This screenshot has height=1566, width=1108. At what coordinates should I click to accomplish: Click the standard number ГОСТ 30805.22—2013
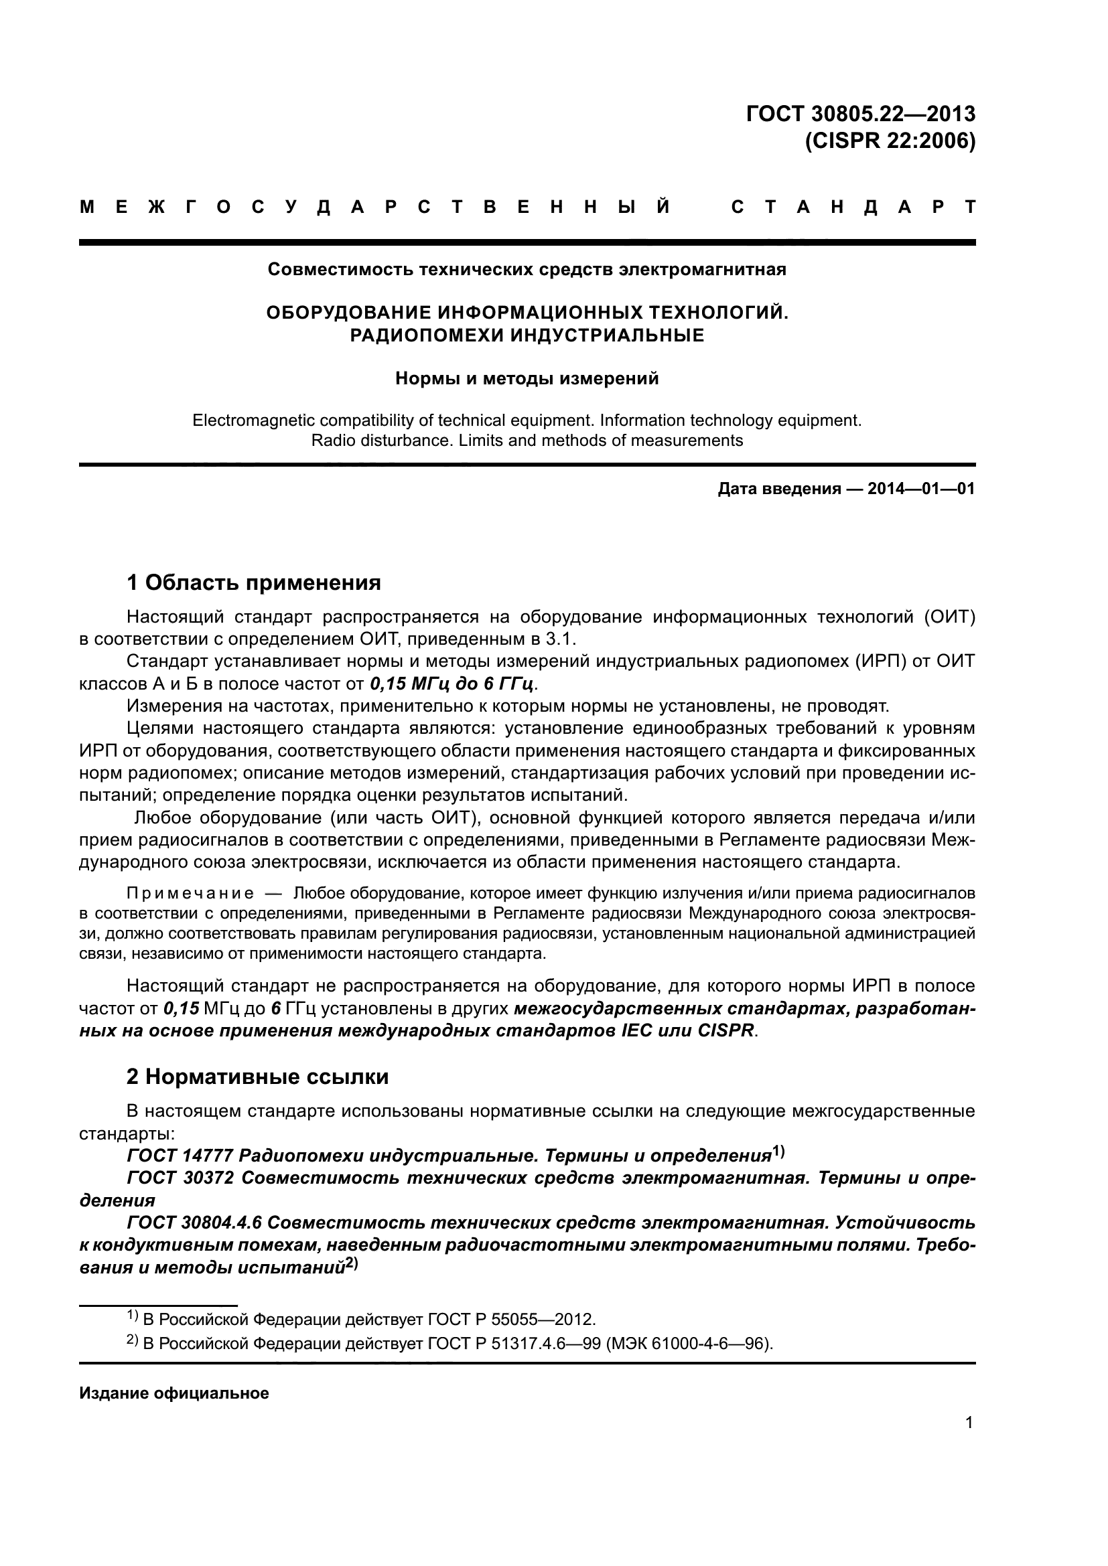click(x=861, y=113)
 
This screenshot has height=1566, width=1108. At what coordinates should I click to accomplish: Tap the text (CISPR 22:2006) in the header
click(x=890, y=141)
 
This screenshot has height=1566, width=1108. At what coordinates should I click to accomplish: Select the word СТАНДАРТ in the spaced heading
click(x=853, y=208)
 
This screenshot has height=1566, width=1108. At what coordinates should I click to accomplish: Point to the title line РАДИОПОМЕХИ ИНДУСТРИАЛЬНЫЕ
click(x=526, y=335)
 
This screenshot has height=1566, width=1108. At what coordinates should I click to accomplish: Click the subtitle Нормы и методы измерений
click(x=527, y=378)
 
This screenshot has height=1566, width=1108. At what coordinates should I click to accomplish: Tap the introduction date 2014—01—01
click(x=921, y=489)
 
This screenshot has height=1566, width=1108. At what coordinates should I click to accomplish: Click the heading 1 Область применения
click(x=253, y=582)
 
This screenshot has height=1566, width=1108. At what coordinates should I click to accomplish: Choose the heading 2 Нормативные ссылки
click(x=257, y=1077)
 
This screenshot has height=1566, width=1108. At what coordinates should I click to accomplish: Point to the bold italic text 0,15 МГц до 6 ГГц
click(x=449, y=684)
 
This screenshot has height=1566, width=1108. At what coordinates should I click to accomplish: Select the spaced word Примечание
click(x=190, y=894)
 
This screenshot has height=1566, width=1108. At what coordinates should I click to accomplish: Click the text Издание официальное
click(x=174, y=1393)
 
